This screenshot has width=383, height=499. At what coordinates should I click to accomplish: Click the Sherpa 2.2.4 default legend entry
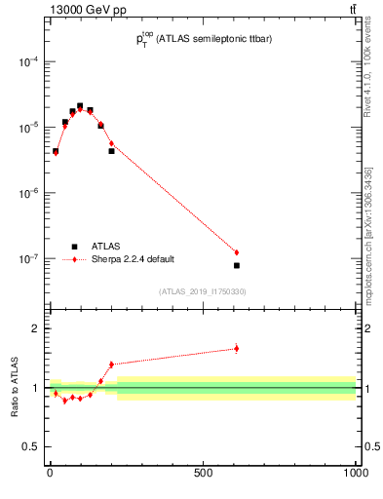[127, 259]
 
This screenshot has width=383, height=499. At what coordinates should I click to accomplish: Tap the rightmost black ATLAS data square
[236, 265]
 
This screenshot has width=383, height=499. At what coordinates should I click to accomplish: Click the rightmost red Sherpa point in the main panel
[236, 252]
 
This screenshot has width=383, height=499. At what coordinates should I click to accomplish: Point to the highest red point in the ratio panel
[236, 348]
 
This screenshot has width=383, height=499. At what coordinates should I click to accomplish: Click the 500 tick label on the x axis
[203, 474]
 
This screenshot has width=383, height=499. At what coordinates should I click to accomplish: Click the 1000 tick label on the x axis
[355, 474]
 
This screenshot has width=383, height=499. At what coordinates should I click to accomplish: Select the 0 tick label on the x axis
[50, 474]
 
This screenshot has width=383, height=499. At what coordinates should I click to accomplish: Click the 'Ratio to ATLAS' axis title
[15, 388]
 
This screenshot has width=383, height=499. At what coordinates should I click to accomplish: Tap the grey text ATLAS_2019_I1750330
[203, 291]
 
